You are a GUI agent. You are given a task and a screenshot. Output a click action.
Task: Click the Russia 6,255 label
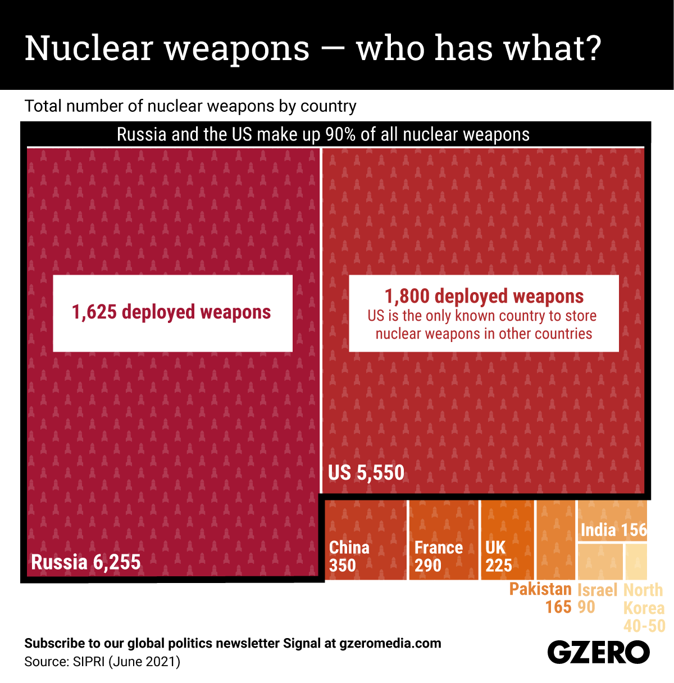[86, 562]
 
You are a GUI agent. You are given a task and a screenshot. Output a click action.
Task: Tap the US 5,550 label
[366, 472]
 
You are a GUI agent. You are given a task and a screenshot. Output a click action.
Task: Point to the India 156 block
[613, 530]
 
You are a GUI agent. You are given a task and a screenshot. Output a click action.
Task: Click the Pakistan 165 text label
[540, 598]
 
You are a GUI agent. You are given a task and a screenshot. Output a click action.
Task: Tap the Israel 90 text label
[596, 598]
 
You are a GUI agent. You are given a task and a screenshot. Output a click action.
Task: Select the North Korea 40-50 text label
[644, 608]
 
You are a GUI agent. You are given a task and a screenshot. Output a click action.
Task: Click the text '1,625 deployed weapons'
[171, 312]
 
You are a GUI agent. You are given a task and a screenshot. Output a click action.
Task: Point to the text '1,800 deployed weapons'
[484, 296]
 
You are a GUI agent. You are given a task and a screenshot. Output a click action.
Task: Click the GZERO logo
[598, 653]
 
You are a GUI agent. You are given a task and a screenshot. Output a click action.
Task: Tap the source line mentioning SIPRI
[102, 662]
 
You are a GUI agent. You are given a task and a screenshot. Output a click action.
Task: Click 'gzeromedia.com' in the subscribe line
[390, 643]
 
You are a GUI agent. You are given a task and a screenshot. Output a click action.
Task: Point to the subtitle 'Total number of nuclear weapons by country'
[190, 106]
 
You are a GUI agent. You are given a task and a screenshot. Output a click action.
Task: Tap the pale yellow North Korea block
[636, 561]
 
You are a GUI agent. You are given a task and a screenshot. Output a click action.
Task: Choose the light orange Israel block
[600, 561]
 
